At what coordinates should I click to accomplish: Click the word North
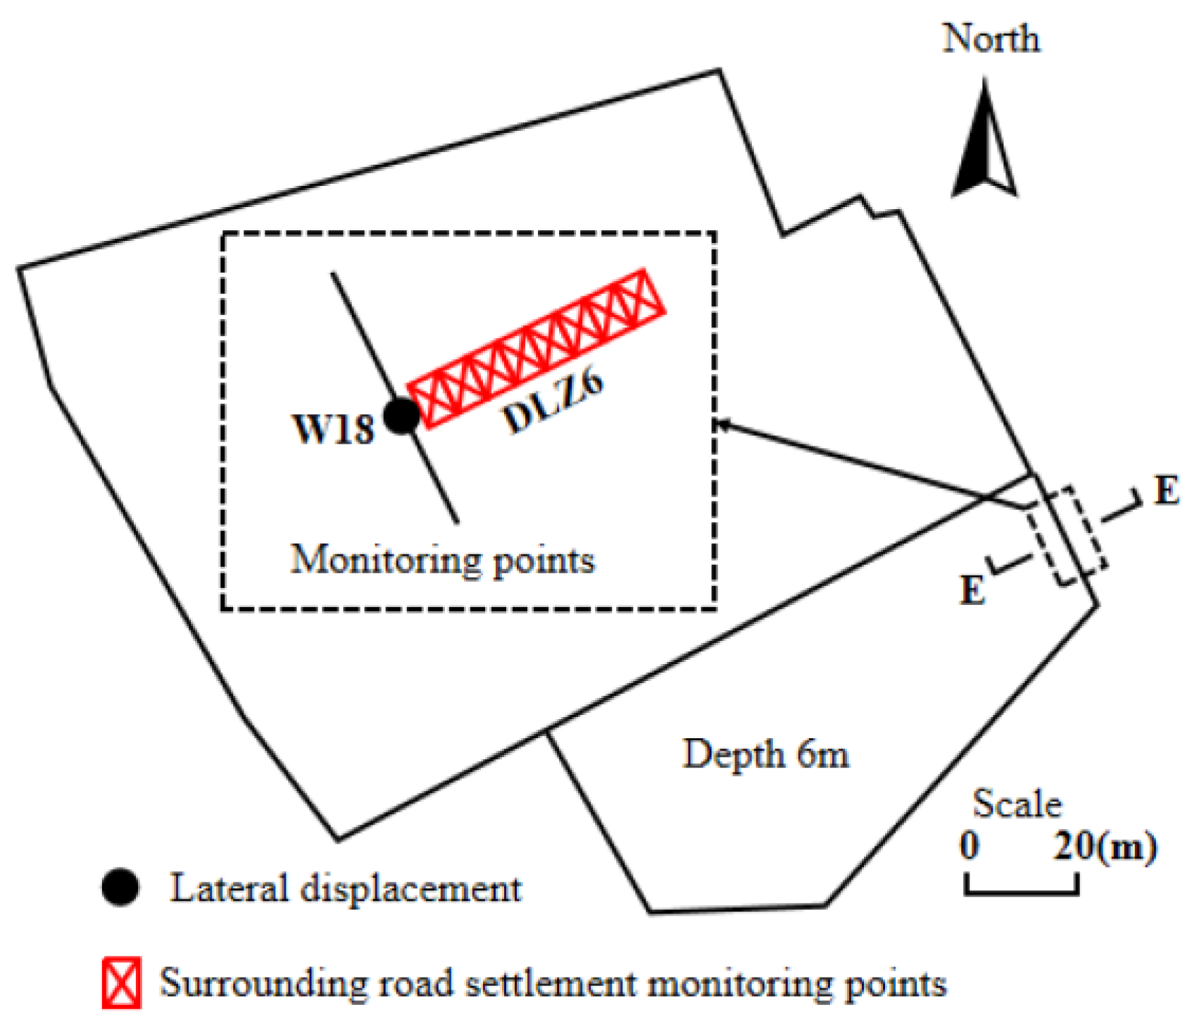coord(990,39)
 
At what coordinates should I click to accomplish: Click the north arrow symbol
coord(984,144)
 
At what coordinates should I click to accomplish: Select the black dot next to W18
coord(402,416)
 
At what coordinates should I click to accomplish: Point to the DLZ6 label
coord(553,402)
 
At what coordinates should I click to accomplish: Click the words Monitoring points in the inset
coord(442,561)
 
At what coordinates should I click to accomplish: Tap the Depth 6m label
coord(765,754)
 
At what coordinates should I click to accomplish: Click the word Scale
coord(1017,804)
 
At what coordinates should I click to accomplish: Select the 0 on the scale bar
coord(970,844)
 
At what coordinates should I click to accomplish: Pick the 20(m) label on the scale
coord(1104,845)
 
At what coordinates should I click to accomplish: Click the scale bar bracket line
coord(1021,892)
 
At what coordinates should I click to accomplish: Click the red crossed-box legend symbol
coord(121,982)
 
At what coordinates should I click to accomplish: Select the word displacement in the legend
coord(411,889)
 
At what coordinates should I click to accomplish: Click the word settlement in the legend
coord(550,983)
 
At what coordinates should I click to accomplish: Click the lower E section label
coord(972,589)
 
